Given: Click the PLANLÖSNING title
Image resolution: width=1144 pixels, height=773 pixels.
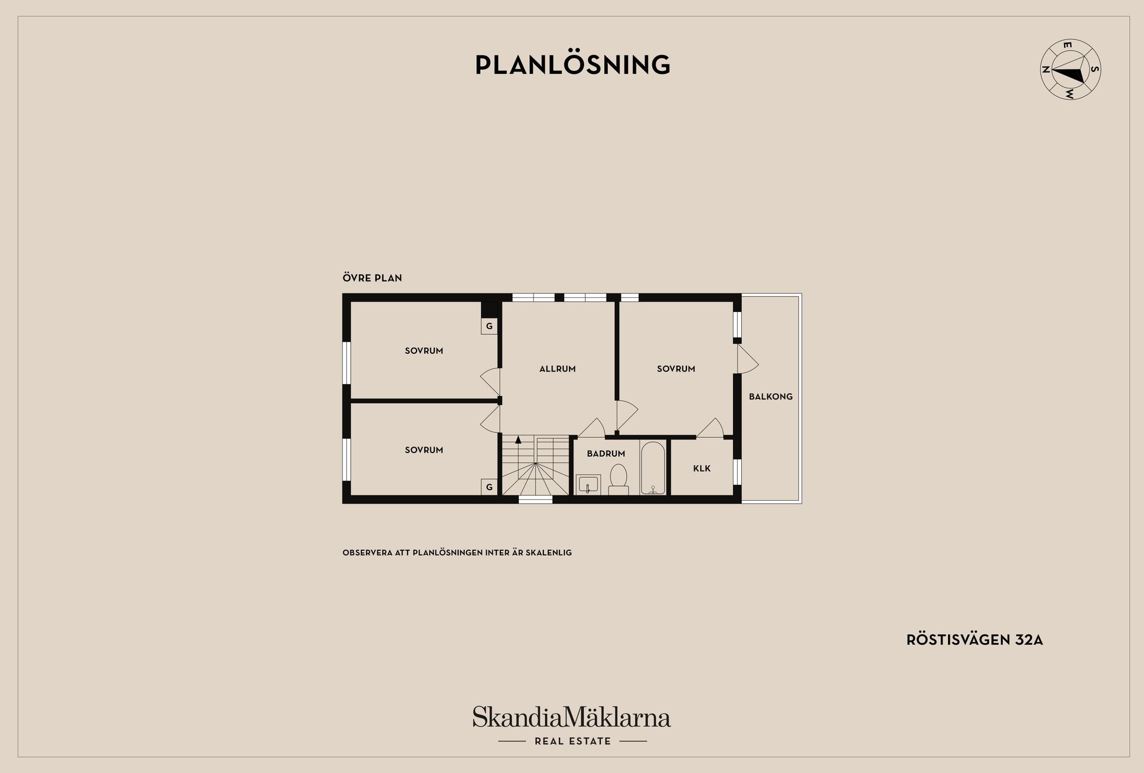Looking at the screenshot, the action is coord(573,64).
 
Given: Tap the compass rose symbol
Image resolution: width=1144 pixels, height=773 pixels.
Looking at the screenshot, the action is coord(1070,70).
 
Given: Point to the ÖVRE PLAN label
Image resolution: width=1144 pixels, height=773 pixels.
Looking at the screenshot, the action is coord(372,278).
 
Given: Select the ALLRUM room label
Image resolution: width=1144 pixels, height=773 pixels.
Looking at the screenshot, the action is coord(558,369).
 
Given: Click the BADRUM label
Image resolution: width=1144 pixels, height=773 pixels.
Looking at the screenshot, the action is coord(606,454).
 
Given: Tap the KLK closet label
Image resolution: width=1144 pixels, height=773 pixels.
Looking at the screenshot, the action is coord(702,469).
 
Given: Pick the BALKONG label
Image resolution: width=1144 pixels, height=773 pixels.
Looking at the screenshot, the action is coord(771,397).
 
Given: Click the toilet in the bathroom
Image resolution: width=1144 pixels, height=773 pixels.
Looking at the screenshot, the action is coord(618,480).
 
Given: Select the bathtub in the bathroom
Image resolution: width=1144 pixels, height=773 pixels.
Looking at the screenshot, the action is coord(654,468).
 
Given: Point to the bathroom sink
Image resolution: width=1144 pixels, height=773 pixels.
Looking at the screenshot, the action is coord(588,485).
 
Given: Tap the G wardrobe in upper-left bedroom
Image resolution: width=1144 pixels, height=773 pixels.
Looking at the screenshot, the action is coord(489,326).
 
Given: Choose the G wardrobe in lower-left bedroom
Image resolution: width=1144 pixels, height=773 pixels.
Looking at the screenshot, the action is coord(489,487).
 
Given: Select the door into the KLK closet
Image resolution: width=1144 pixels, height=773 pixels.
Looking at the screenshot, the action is coord(710,428).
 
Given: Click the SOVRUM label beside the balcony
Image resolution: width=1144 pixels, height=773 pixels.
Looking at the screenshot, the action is coord(676,369).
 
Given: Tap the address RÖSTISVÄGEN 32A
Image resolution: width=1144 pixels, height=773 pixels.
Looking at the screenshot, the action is coord(975,640).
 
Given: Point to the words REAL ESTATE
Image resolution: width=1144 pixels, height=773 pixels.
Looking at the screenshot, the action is coord(573,741).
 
